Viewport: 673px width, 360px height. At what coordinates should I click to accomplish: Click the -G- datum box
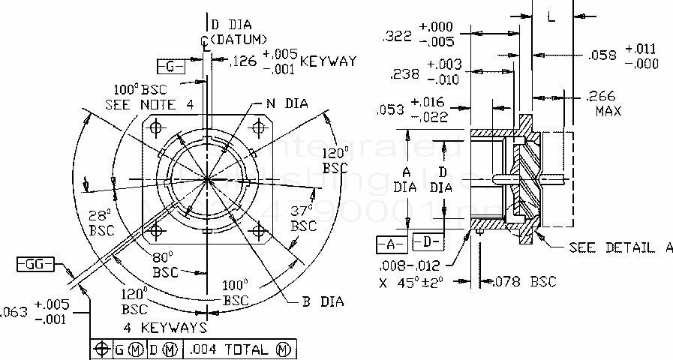(x=171, y=67)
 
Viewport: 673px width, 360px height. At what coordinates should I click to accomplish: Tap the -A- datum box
(x=391, y=244)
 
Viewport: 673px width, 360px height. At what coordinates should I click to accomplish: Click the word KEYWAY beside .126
(x=328, y=61)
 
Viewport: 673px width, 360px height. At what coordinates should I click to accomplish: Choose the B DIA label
(x=323, y=302)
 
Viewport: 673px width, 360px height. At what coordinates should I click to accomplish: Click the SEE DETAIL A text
(x=620, y=248)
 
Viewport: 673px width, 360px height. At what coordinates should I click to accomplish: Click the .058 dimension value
(x=602, y=55)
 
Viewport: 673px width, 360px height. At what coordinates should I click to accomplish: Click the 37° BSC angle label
(x=302, y=217)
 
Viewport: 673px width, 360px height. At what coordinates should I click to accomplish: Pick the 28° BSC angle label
(x=101, y=221)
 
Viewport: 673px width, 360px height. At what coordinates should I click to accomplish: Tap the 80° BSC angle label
(x=164, y=263)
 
